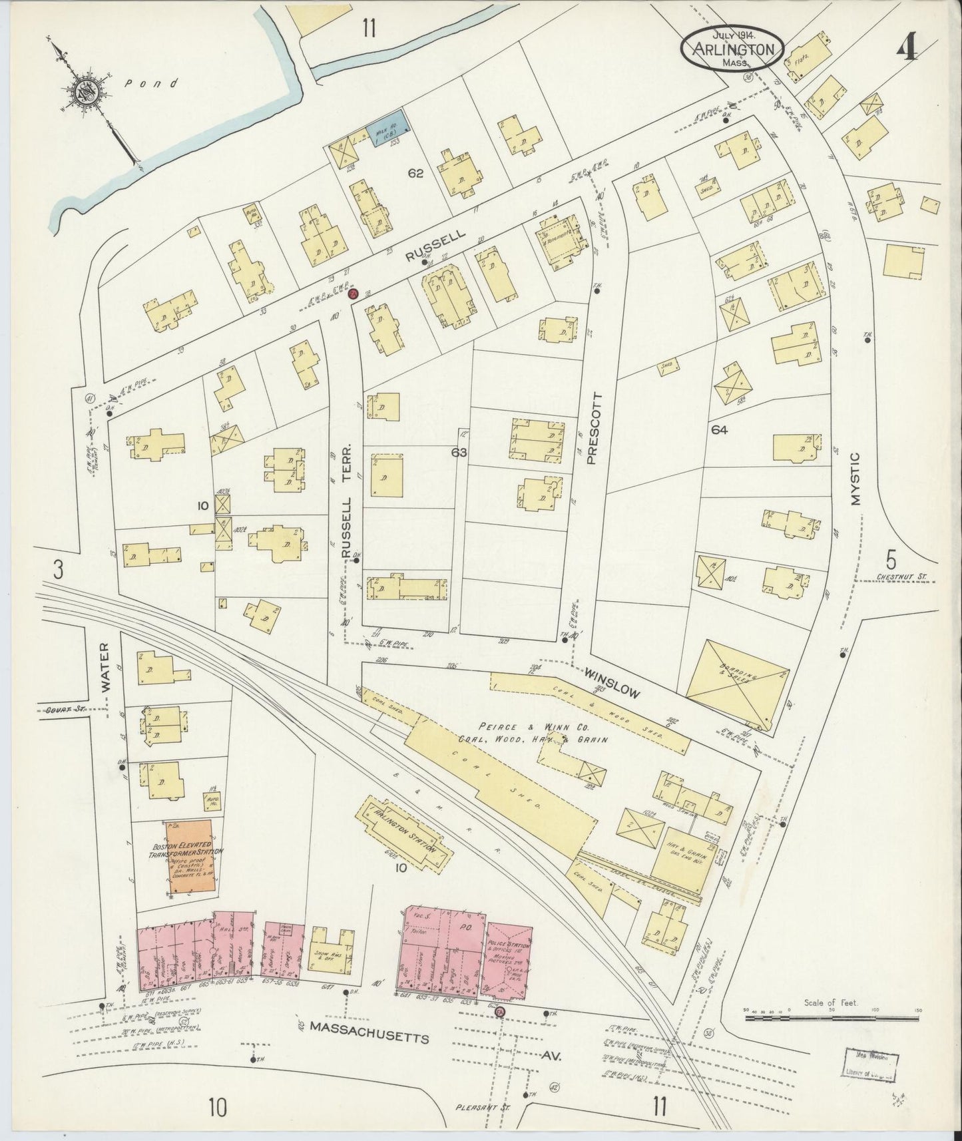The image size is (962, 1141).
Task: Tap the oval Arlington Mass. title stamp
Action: point(732,47)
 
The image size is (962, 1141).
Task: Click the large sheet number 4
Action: point(907,48)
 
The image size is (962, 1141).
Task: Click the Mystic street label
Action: point(856,479)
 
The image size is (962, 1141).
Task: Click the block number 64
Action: point(719,429)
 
